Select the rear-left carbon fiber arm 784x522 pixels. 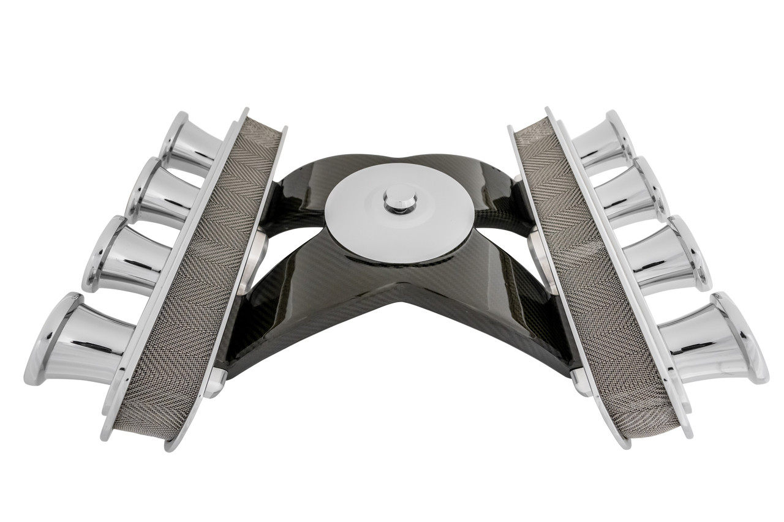tap(300, 177)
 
